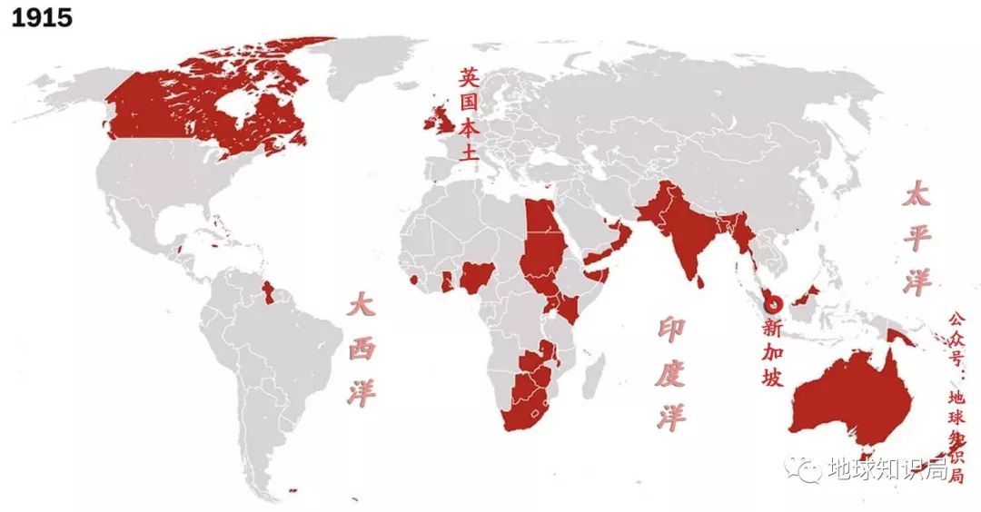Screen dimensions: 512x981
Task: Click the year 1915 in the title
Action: (41, 18)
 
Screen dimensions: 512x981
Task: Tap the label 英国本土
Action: (468, 114)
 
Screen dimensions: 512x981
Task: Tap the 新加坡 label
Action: (772, 352)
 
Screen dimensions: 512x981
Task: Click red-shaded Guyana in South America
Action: (267, 292)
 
